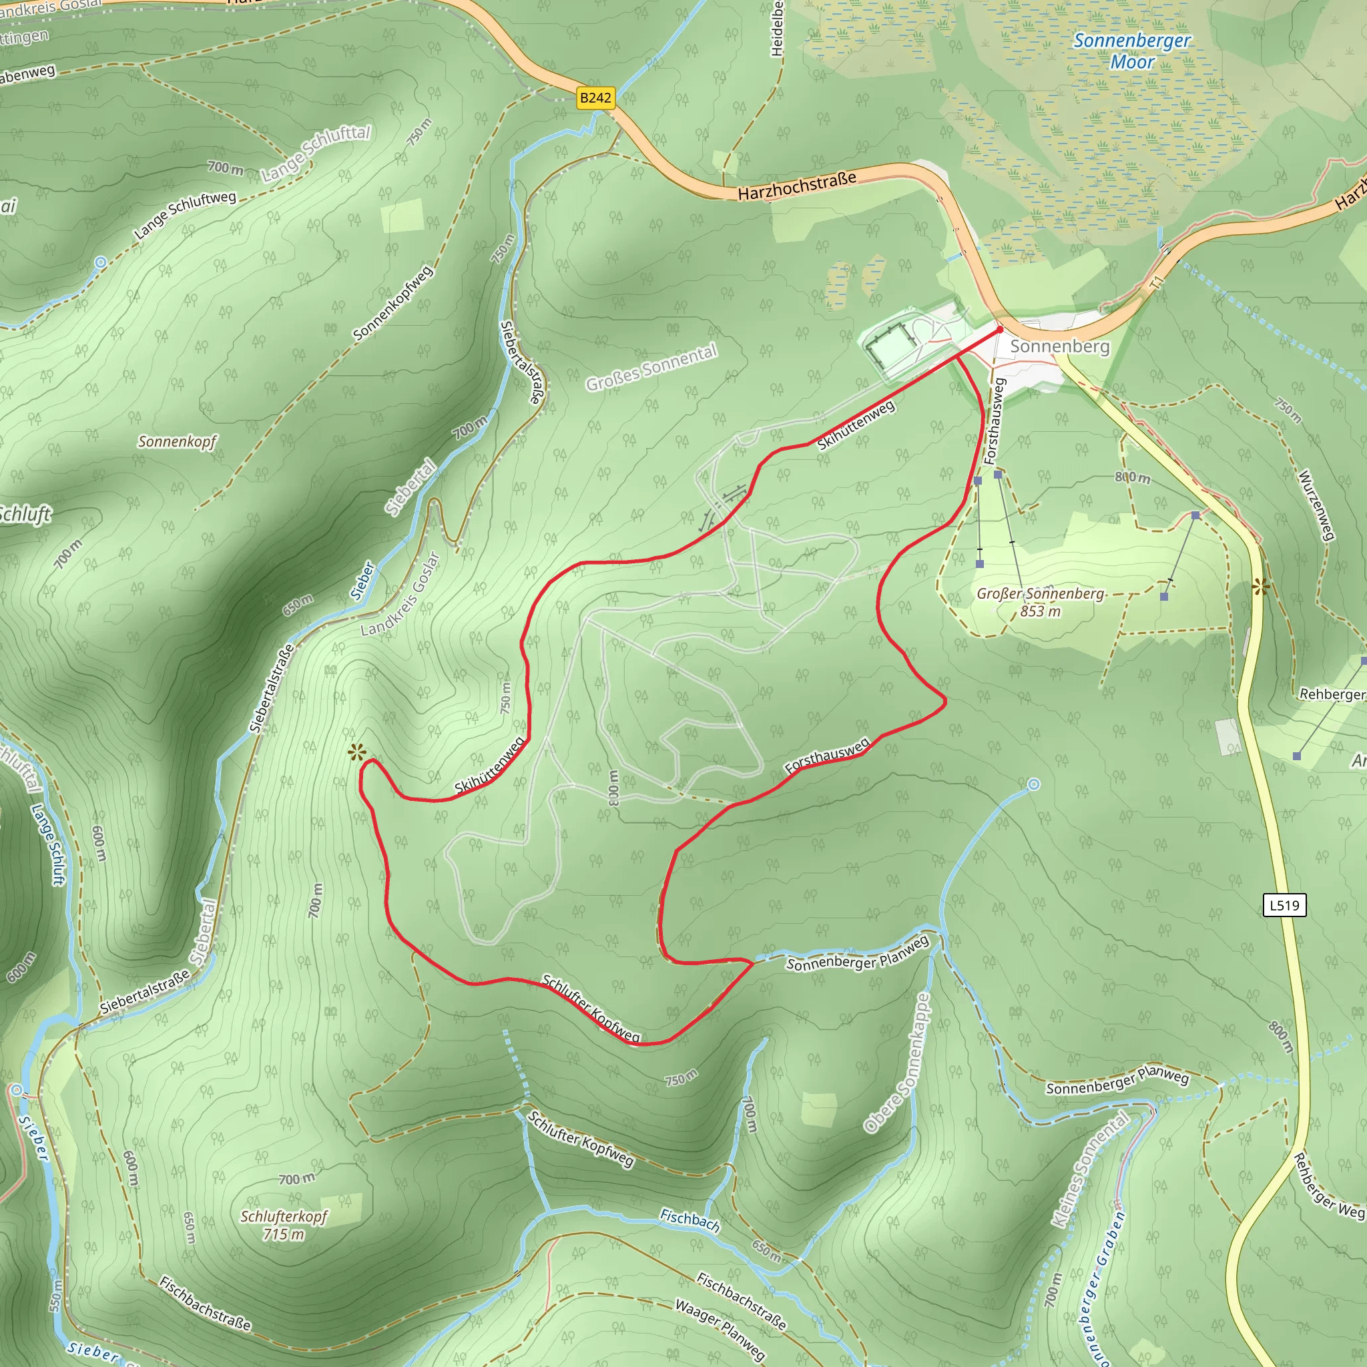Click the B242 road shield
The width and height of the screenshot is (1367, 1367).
(595, 97)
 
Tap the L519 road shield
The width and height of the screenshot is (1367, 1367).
(1284, 904)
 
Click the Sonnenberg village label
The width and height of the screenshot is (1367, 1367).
(1060, 346)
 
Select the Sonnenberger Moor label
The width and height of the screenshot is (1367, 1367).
(1132, 51)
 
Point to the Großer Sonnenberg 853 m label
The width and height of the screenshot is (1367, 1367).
(1039, 601)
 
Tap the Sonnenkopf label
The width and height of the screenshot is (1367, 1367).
(177, 441)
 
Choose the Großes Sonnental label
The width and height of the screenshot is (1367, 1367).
(651, 367)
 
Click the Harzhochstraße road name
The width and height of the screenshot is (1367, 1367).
(797, 186)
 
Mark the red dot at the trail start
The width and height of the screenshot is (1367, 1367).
(1000, 330)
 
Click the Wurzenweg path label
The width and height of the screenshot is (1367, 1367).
(1317, 505)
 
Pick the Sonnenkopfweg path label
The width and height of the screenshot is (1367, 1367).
(392, 303)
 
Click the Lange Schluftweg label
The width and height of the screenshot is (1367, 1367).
(185, 214)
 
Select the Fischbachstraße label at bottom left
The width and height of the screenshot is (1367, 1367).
(205, 1304)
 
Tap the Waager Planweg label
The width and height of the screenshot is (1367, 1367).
(720, 1329)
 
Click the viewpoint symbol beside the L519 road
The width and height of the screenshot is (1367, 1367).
(1260, 587)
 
